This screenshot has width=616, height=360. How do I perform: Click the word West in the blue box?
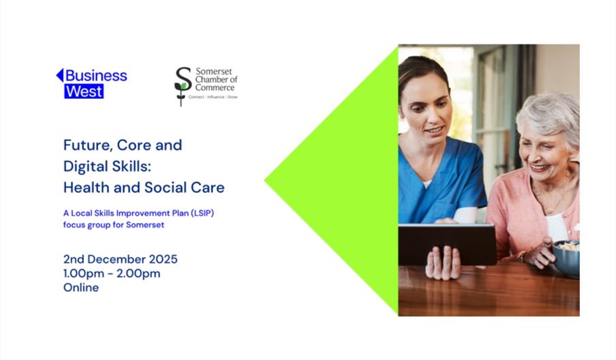(84, 91)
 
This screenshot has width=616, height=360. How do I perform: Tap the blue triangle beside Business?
(60, 75)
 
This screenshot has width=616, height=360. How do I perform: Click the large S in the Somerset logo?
(183, 79)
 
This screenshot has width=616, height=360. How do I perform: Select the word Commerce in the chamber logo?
(215, 87)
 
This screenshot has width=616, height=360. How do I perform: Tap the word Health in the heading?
(87, 187)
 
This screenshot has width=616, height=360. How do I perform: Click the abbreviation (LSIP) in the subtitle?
(202, 213)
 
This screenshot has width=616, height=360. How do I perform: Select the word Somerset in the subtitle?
(145, 225)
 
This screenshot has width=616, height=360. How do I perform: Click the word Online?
(81, 287)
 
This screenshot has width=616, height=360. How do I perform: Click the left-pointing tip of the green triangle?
(265, 181)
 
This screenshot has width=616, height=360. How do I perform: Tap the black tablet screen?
(447, 244)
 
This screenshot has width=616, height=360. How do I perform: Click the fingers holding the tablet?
(443, 262)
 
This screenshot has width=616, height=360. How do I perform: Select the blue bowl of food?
(566, 258)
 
